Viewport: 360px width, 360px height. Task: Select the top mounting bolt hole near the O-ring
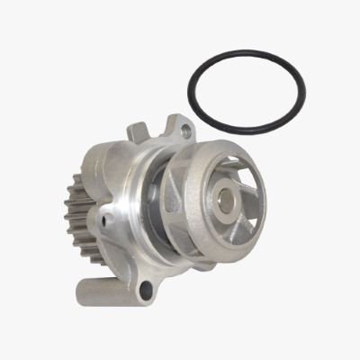(x=186, y=133)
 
